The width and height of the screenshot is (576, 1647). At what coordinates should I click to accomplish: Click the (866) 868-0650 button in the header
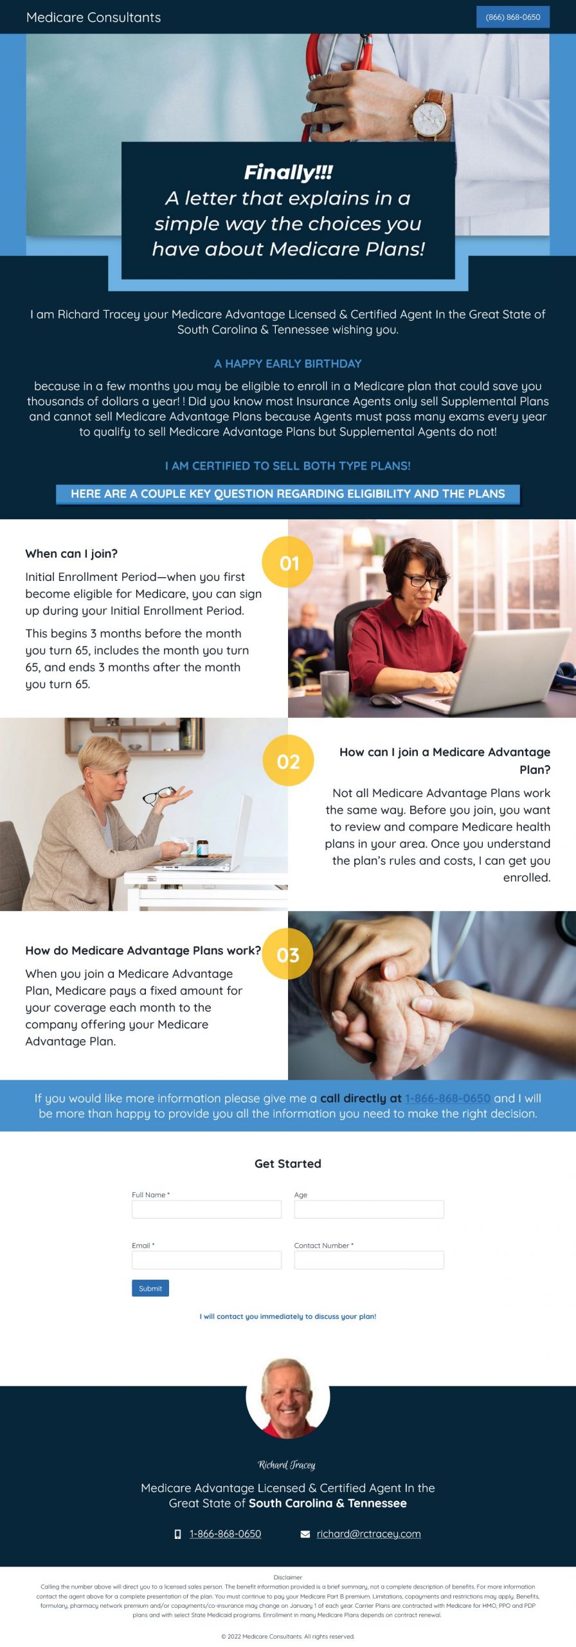512,17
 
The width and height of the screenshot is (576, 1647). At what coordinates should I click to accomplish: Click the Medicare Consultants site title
93,17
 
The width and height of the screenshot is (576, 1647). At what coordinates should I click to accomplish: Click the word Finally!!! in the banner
288,172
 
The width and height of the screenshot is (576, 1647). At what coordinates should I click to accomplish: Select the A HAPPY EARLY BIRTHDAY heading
288,363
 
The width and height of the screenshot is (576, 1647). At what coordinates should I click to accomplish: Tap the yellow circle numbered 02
288,761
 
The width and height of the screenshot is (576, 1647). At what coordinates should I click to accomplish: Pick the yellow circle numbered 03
288,954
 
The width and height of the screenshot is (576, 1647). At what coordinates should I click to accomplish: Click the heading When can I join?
71,554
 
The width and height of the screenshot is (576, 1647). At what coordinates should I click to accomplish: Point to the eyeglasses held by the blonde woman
159,795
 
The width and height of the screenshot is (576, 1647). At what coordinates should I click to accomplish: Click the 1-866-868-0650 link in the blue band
447,1098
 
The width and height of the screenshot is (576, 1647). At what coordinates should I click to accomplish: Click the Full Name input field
206,1209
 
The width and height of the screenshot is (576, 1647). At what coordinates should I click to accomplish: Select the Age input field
369,1209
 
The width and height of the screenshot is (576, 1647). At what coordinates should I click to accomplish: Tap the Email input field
206,1260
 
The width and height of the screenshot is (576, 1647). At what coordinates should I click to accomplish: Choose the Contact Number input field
369,1260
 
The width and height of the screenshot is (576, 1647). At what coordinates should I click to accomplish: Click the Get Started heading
288,1163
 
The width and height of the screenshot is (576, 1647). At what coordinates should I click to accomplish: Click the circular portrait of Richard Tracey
288,1396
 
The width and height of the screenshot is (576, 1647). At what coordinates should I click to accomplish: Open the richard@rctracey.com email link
368,1534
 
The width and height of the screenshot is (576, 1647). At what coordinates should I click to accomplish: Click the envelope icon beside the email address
305,1534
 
